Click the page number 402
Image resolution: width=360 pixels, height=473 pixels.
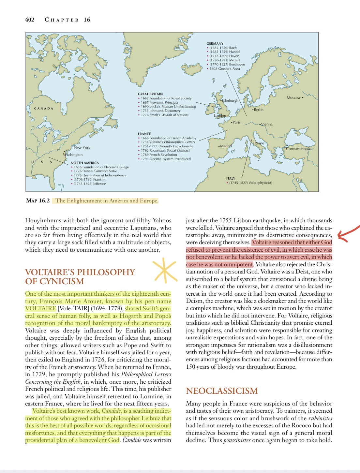[x=30, y=20]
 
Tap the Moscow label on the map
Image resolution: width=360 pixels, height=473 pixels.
[x=294, y=97]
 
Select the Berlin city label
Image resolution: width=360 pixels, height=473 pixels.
[x=258, y=110]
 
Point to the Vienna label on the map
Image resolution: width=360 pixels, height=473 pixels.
[x=266, y=124]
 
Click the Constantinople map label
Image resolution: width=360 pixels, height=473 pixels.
[x=298, y=149]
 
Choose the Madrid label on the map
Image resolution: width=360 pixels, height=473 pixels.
[x=226, y=146]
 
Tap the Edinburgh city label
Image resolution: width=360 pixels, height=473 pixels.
[x=230, y=100]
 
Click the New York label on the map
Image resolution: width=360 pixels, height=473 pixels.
[x=82, y=148]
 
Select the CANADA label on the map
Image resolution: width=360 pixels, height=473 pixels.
[x=44, y=109]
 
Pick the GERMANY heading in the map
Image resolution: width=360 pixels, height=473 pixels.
[x=215, y=43]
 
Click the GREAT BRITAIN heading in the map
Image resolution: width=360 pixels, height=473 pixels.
[x=150, y=94]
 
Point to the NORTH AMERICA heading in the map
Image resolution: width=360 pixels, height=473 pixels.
[x=85, y=163]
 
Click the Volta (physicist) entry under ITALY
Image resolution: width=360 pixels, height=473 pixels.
[x=250, y=183]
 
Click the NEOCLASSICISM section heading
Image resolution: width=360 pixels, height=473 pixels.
[x=222, y=391]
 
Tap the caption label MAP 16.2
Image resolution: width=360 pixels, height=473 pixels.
[x=38, y=200]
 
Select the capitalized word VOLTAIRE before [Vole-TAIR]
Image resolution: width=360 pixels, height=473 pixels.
[x=41, y=308]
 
